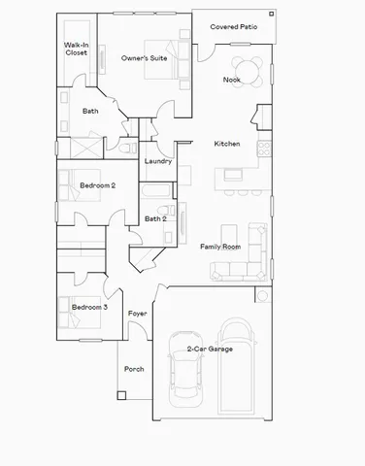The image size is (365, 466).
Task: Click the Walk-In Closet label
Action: (x=76, y=49)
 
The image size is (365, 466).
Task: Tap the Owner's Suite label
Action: (x=144, y=59)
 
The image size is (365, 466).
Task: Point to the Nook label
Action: (x=231, y=80)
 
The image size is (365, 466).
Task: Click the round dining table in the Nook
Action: (x=252, y=74)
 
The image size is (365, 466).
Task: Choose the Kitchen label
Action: (x=227, y=144)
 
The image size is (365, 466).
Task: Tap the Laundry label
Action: (x=158, y=161)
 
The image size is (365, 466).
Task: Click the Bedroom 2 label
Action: (x=97, y=184)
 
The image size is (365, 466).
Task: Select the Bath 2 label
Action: (x=155, y=219)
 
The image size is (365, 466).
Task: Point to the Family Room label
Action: (x=219, y=247)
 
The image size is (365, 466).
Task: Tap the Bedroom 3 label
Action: (x=90, y=308)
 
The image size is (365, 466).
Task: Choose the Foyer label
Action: (x=137, y=314)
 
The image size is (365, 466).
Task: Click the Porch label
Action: (x=134, y=369)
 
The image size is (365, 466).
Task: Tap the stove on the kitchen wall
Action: (x=262, y=148)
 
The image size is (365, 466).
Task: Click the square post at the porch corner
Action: (x=121, y=394)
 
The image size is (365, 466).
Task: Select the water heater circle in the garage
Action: (x=262, y=295)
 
